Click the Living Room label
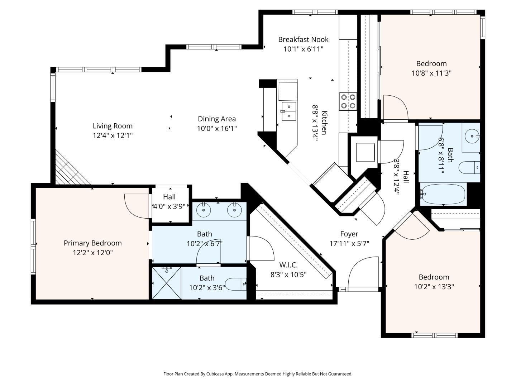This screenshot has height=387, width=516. point(113,126)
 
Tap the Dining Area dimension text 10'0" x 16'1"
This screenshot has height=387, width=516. point(217,128)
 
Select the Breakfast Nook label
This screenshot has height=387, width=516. point(303,39)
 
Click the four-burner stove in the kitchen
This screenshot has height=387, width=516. point(348,101)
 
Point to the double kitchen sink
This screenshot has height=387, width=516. point(288,111)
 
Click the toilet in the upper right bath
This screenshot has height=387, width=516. point(469,167)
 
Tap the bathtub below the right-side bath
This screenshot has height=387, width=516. point(443,194)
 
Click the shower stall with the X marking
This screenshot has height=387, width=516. point(167,283)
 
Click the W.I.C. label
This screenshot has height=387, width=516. point(288,265)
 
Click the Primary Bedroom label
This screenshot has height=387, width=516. point(92,243)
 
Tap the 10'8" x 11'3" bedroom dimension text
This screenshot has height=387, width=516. point(431,73)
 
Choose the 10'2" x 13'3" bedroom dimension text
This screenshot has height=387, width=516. point(434,287)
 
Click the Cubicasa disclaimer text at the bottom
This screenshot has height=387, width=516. point(258,374)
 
